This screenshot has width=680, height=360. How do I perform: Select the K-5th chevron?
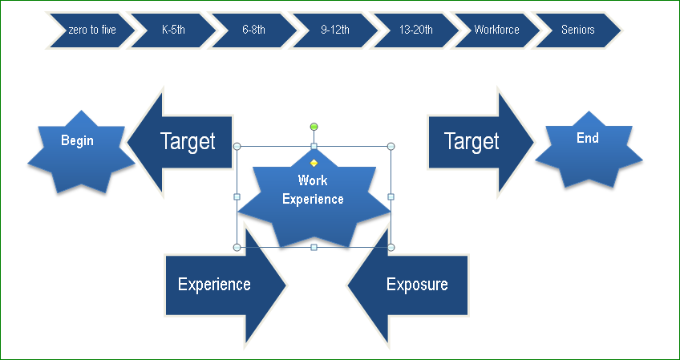coord(173,30)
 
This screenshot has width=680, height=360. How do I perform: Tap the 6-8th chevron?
coord(254,30)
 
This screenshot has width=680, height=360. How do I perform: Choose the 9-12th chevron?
coord(335,30)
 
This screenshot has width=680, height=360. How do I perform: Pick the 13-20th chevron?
coord(416,30)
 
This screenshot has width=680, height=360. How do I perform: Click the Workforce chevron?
coord(496,30)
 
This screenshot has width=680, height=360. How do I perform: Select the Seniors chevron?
coord(578,30)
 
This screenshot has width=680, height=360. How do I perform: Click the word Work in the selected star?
coord(313,180)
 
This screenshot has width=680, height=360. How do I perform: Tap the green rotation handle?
coord(314,127)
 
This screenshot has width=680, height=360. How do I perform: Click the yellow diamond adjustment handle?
coord(314,163)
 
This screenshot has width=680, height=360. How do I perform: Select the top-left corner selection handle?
coord(237,147)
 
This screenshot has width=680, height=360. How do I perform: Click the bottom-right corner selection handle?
coord(391,247)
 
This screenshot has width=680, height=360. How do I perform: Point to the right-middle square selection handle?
coord(391,196)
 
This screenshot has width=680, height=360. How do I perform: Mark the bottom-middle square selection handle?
coord(314,247)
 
